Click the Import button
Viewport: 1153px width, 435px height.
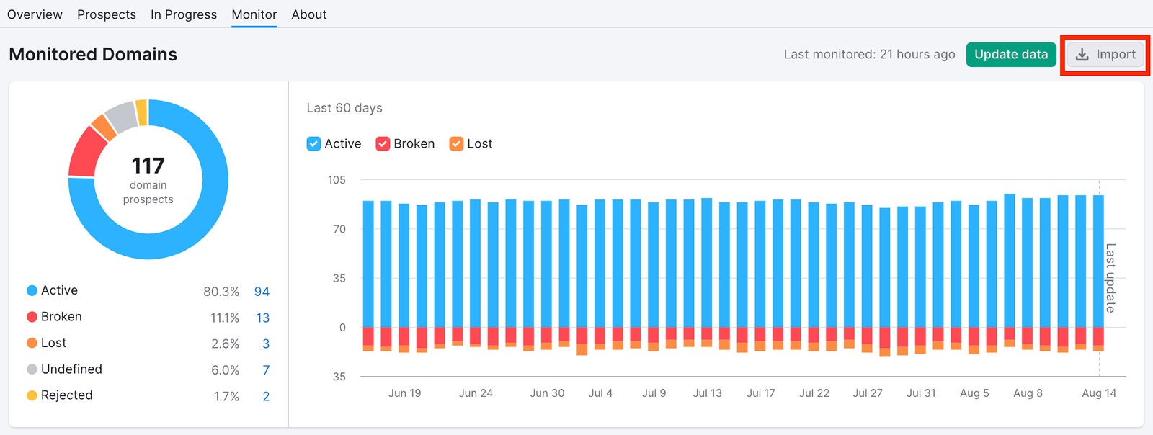pyautogui.click(x=1105, y=55)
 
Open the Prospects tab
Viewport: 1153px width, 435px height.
pyautogui.click(x=107, y=14)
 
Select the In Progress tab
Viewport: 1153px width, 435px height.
pyautogui.click(x=184, y=14)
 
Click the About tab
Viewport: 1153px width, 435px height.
pyautogui.click(x=308, y=14)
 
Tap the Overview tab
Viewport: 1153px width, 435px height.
pyautogui.click(x=35, y=14)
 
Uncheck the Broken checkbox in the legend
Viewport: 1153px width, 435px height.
pyautogui.click(x=383, y=144)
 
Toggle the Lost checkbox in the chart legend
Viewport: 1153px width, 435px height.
pyautogui.click(x=456, y=144)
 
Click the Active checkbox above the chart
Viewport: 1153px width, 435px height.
pyautogui.click(x=313, y=144)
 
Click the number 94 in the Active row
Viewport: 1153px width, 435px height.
pyautogui.click(x=262, y=292)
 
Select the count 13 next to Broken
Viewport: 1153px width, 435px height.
pyautogui.click(x=262, y=318)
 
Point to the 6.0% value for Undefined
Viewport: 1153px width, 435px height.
pyautogui.click(x=225, y=370)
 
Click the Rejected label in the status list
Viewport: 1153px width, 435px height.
pyautogui.click(x=66, y=395)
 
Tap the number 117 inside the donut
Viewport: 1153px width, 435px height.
pyautogui.click(x=148, y=166)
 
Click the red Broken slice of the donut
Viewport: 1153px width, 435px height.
pyautogui.click(x=86, y=152)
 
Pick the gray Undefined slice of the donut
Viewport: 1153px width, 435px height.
pyautogui.click(x=121, y=116)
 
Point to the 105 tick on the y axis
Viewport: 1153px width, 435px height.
pyautogui.click(x=337, y=180)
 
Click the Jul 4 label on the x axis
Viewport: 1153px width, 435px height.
pyautogui.click(x=600, y=393)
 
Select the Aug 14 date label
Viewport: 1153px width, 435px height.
pyautogui.click(x=1098, y=393)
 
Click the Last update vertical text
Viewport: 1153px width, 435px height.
pyautogui.click(x=1110, y=278)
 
